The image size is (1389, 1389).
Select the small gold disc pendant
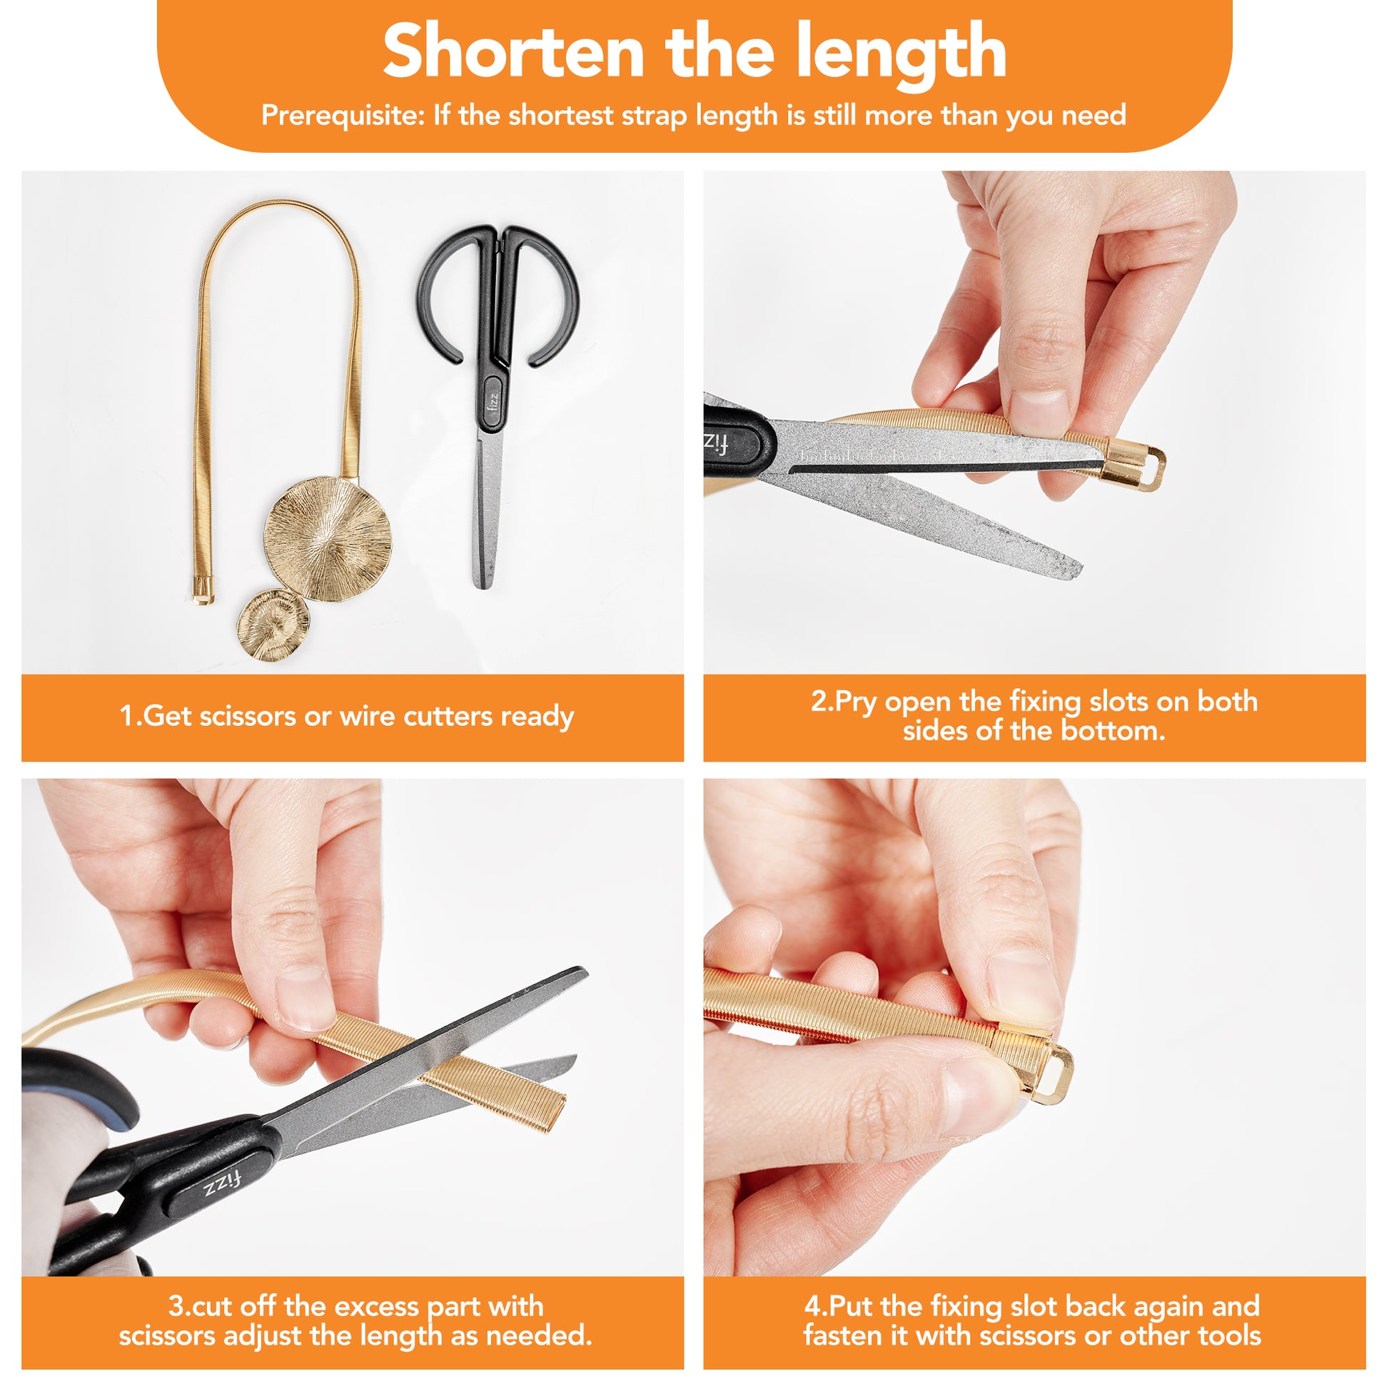(274, 621)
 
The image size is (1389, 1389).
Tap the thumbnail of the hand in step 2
(1038, 413)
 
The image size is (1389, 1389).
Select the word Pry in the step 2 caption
(857, 702)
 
